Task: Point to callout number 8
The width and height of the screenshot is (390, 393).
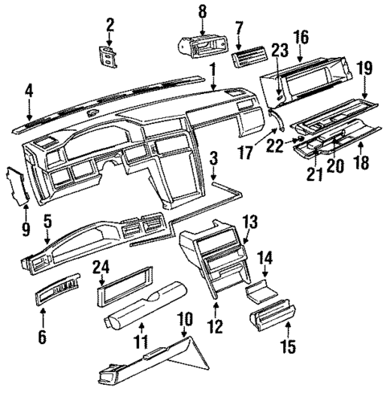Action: coord(202,10)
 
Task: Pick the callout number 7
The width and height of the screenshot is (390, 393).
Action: coord(240,29)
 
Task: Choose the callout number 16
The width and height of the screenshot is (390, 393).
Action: coord(302,36)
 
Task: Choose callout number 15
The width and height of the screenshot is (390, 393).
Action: coord(288,347)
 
